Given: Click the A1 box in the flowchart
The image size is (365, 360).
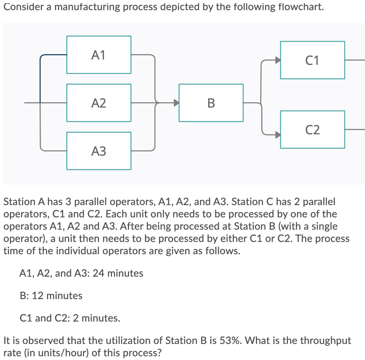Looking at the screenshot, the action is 99,55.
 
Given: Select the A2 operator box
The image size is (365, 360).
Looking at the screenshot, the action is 99,103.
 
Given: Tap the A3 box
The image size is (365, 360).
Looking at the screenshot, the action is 99,151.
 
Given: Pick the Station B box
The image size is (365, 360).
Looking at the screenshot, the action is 211,103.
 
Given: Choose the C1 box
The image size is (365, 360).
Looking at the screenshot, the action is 313,60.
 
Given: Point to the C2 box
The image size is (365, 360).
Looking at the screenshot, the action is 313,130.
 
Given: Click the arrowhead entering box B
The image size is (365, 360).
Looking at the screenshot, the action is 177,103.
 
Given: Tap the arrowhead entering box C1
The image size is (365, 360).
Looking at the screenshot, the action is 278,60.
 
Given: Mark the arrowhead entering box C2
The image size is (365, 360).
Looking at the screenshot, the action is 278,135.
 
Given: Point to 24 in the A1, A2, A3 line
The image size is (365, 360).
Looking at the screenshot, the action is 98,273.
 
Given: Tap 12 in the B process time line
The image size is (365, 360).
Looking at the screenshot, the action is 37,296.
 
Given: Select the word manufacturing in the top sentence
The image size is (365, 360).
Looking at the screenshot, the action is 87,7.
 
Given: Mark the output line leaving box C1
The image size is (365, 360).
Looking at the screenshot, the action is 355,60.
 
